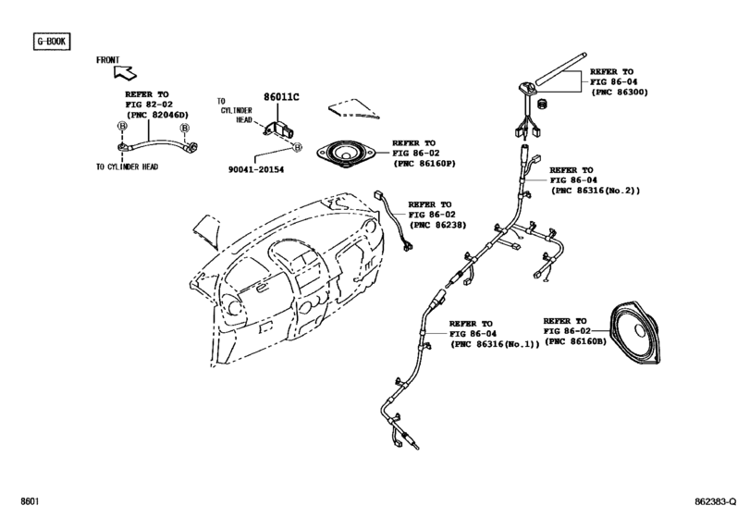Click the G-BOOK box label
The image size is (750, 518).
(52, 42)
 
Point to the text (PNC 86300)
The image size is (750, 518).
(621, 92)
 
